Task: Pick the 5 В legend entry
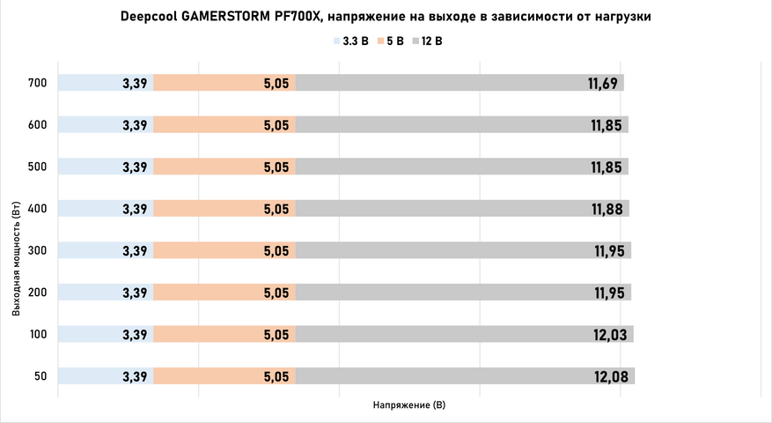(x=389, y=41)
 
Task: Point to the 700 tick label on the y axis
(x=36, y=84)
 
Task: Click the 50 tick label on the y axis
(x=40, y=376)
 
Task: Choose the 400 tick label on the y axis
(x=36, y=209)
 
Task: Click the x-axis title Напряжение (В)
(x=409, y=406)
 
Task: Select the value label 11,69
(x=604, y=84)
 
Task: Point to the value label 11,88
(x=607, y=209)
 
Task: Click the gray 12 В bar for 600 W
(x=440, y=125)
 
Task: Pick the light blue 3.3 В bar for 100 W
(x=88, y=335)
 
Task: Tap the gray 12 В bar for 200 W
(x=440, y=293)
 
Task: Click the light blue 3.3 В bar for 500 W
(x=88, y=167)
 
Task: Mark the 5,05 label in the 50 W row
(x=276, y=376)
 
